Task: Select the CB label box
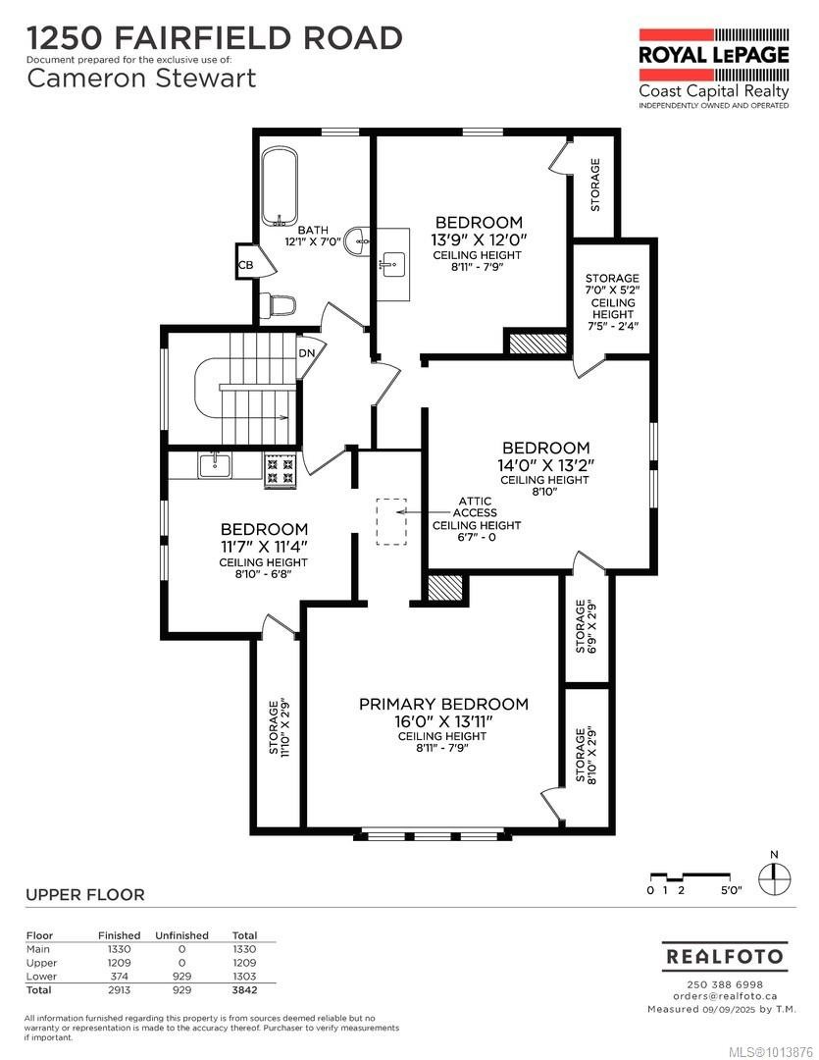pyautogui.click(x=245, y=265)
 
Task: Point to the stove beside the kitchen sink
pyautogui.click(x=279, y=470)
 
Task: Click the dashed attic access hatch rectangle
pyautogui.click(x=391, y=521)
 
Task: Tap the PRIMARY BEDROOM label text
pyautogui.click(x=443, y=705)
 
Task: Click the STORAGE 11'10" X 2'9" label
pyautogui.click(x=280, y=725)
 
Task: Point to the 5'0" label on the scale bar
pyautogui.click(x=731, y=890)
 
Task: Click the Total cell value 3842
pyautogui.click(x=243, y=990)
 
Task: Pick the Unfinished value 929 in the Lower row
pyautogui.click(x=181, y=977)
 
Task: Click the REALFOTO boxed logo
pyautogui.click(x=725, y=955)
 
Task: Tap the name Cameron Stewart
pyautogui.click(x=141, y=79)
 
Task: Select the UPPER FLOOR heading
pyautogui.click(x=84, y=894)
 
